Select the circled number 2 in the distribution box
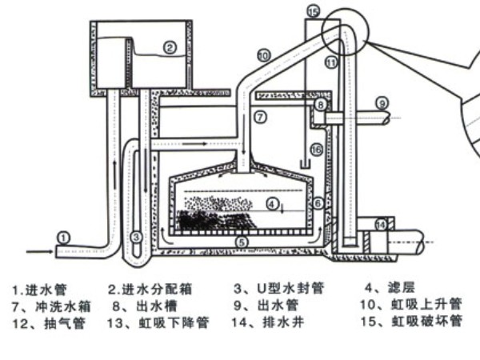click(169, 47)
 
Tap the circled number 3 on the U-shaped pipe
click(138, 237)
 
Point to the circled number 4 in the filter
click(273, 204)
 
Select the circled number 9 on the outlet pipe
click(382, 102)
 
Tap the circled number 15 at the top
click(313, 10)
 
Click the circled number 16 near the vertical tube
click(316, 149)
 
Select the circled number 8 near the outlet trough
click(319, 104)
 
